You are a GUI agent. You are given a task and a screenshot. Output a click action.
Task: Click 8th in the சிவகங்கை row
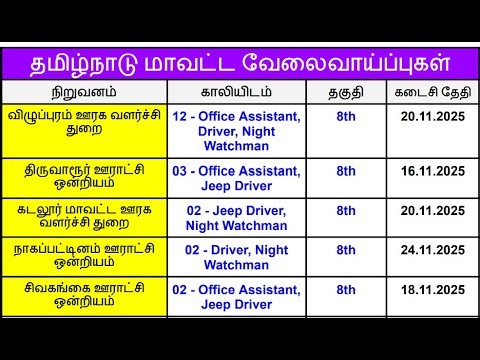[346, 290]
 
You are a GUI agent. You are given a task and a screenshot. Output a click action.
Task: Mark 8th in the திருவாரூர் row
[346, 171]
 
